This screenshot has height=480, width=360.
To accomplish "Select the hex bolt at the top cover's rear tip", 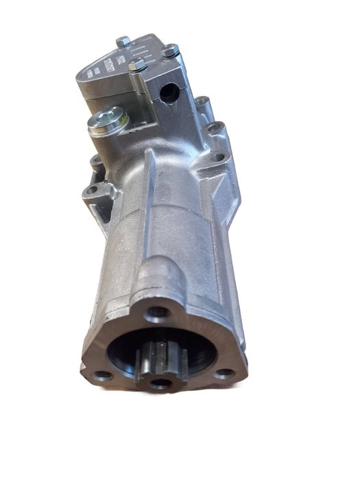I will coord(123,42).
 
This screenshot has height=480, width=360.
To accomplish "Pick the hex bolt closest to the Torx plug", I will coord(137,65).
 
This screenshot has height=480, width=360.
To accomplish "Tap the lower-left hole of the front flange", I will coord(103,375).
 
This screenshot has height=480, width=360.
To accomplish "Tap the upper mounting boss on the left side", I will coord(96,162).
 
